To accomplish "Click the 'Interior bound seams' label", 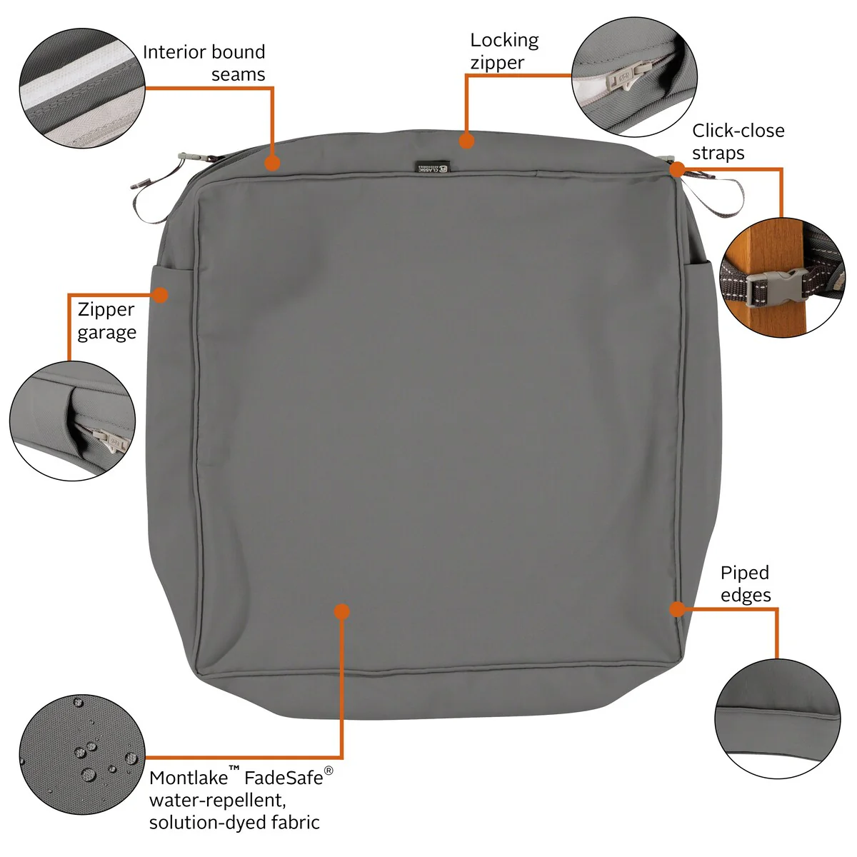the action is (x=204, y=63).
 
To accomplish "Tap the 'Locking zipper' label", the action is (x=504, y=51).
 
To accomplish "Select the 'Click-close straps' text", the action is (x=738, y=142).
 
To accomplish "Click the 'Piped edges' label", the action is (x=746, y=584).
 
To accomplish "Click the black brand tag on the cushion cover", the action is (x=433, y=167).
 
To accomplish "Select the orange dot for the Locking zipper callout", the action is (x=466, y=141).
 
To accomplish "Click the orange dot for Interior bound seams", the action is (x=272, y=164).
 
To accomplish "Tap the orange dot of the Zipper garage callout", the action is (x=160, y=295).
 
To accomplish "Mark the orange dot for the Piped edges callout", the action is (x=677, y=609).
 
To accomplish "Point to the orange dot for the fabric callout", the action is (x=341, y=611).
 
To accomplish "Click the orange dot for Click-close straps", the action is (x=677, y=169).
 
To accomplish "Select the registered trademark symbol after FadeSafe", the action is (x=329, y=771).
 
